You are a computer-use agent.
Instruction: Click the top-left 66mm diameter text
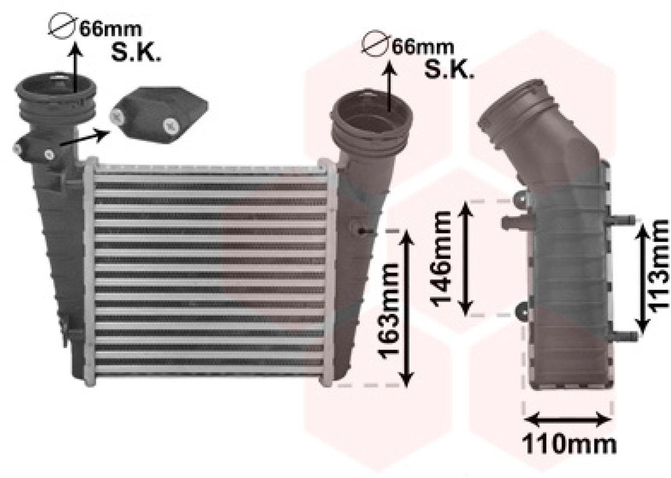click(x=111, y=30)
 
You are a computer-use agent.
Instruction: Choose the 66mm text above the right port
click(x=423, y=48)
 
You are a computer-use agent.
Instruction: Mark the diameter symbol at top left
click(x=62, y=26)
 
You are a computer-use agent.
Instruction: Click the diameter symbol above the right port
click(x=375, y=44)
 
